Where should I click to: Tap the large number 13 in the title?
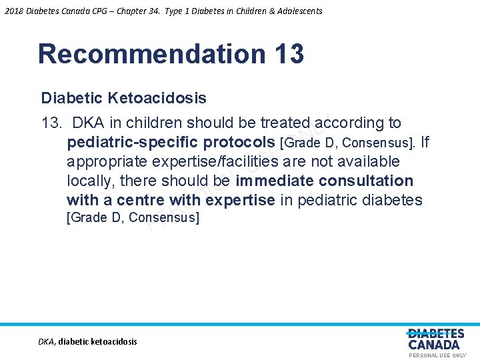click(288, 54)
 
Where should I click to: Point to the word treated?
click(285, 123)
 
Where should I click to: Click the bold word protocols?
click(240, 143)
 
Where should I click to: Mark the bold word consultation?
click(366, 181)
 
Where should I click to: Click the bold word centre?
click(141, 201)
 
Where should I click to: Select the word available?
click(370, 162)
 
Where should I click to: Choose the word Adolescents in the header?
click(298, 11)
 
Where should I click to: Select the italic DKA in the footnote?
click(46, 341)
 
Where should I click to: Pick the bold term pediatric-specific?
click(133, 143)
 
